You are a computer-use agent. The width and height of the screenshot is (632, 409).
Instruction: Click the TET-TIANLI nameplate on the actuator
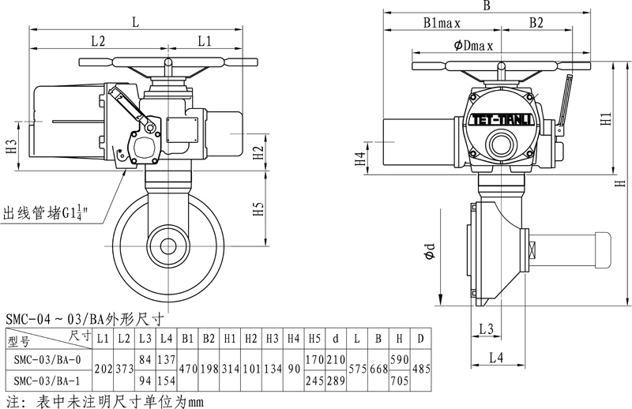click(502, 120)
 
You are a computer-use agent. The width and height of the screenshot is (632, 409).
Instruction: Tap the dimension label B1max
click(442, 23)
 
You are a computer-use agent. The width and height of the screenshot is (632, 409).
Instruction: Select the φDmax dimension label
click(473, 46)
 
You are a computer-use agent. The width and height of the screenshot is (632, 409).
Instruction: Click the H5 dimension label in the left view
click(258, 208)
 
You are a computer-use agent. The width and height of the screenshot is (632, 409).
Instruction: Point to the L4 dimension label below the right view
click(496, 358)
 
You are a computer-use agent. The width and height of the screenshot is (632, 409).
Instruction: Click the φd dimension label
click(430, 251)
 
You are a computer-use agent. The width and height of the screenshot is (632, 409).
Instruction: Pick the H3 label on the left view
click(11, 146)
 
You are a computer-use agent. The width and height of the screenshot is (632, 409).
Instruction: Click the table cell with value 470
click(187, 370)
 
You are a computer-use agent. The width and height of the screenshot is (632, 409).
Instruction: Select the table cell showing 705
click(399, 381)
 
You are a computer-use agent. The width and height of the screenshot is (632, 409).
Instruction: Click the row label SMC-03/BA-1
click(47, 381)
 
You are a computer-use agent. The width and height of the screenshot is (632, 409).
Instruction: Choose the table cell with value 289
click(336, 381)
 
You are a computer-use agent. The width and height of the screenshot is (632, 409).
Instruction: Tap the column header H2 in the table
click(250, 339)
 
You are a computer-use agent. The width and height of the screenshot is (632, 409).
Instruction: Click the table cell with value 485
click(421, 370)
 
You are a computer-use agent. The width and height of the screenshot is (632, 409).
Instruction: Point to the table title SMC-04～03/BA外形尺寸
click(85, 319)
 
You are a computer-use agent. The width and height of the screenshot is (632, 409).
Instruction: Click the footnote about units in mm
click(105, 401)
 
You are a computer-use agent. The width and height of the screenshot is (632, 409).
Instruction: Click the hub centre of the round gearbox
click(168, 246)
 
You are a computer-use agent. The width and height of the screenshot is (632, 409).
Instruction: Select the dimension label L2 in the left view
click(98, 41)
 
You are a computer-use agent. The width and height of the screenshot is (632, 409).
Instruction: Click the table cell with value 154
click(167, 381)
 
